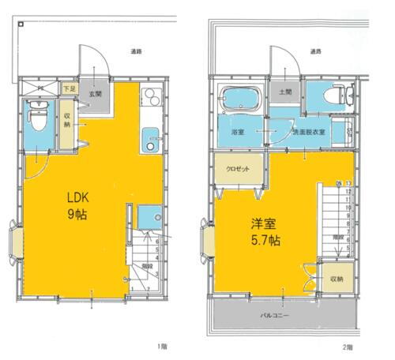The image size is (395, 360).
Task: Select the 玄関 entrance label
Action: [94, 95]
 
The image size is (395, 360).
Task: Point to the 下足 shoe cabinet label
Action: [69, 88]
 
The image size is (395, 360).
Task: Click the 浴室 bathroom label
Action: [236, 132]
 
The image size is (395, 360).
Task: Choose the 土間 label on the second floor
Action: [284, 92]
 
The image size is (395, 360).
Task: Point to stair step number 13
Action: [348, 183]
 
